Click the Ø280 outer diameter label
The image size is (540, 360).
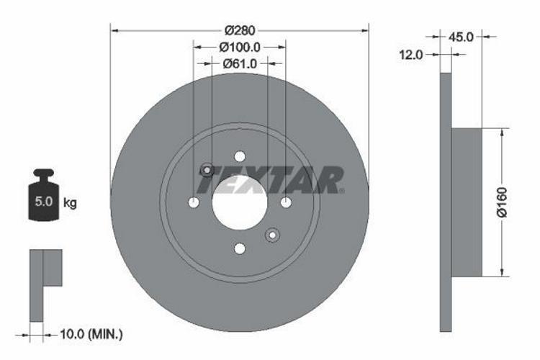[240, 30]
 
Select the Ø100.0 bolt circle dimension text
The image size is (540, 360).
[240, 47]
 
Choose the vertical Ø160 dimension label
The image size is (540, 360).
[503, 202]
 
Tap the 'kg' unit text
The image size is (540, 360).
[70, 203]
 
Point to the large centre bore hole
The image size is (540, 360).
[239, 203]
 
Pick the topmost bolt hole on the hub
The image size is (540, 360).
[240, 157]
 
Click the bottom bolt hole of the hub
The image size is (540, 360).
[240, 249]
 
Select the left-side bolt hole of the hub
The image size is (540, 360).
[194, 203]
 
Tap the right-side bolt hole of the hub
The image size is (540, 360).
[286, 203]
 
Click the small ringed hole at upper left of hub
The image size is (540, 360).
[207, 171]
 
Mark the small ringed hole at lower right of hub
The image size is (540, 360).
[272, 235]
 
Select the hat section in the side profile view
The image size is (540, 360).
[466, 202]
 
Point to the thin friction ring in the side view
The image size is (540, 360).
[446, 202]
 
